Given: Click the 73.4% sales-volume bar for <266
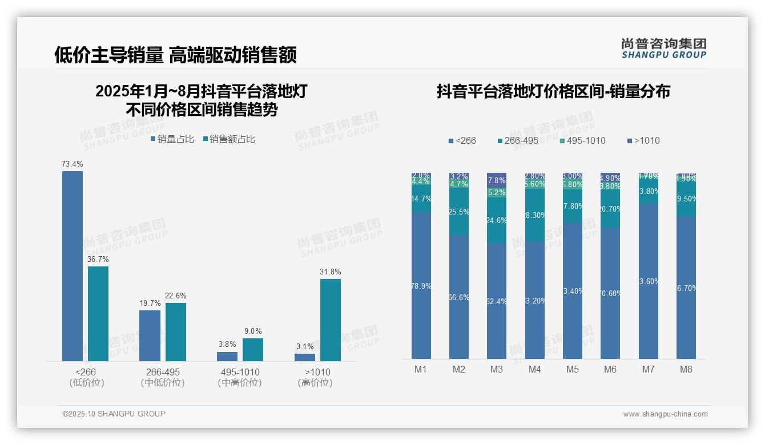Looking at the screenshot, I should pos(73,266).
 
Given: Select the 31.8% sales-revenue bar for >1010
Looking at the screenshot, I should pos(330,319).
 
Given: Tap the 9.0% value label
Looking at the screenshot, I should pos(252,331).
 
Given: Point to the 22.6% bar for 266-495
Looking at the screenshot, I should pos(176,331).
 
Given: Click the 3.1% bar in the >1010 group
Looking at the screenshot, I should pos(305,357).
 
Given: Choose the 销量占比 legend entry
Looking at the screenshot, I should pos(172,139).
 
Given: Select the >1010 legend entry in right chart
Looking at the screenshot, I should pos(643,140).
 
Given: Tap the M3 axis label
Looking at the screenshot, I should pos(497,369).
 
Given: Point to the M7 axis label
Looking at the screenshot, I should pos(648,369).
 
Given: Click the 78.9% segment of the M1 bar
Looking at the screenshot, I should pos(421,285).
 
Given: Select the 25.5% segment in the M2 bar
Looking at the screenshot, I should pos(459,212).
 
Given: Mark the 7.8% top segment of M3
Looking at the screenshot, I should pos(497,180).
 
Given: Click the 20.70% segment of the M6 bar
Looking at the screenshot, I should pos(610,209).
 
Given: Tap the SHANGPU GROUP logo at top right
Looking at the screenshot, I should pos(663,48).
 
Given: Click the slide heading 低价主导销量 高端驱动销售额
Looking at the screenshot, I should pos(175,55).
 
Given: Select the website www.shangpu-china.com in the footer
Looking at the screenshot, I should pos(665,414).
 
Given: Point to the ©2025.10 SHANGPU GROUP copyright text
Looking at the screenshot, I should pos(114,414).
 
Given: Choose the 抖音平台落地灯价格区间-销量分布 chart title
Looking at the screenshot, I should pos(553,91).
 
